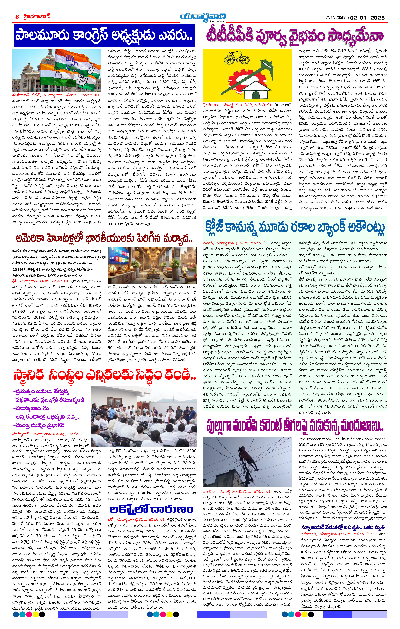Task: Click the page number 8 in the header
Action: coord(17,17)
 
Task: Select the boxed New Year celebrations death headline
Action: coord(343,527)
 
